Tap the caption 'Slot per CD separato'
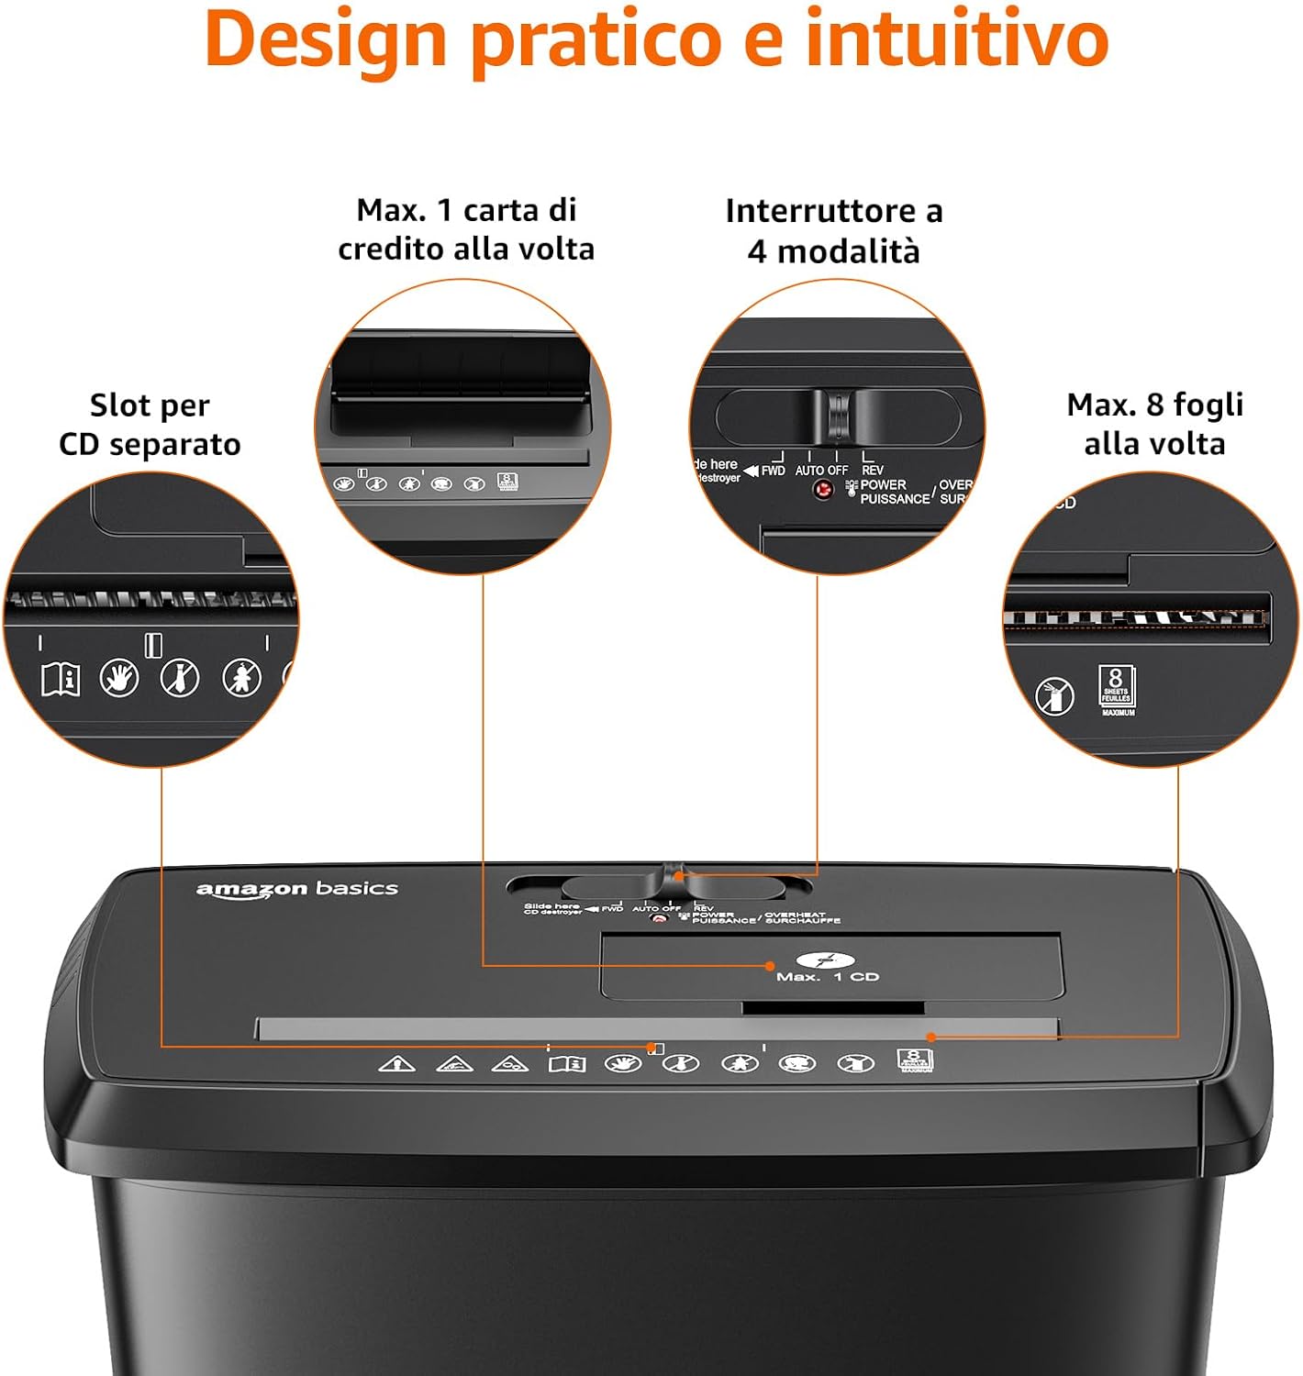pyautogui.click(x=150, y=424)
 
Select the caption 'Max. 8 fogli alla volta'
pyautogui.click(x=1154, y=424)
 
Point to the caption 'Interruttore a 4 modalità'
pyautogui.click(x=833, y=230)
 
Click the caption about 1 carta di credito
pyautogui.click(x=466, y=229)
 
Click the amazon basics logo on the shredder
pyautogui.click(x=296, y=889)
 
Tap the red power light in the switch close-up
pyautogui.click(x=823, y=490)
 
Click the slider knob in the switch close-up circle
pyautogui.click(x=838, y=416)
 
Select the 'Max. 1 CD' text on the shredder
pyautogui.click(x=827, y=976)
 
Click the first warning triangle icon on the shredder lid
pyautogui.click(x=396, y=1064)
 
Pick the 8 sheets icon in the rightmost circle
pyautogui.click(x=1117, y=690)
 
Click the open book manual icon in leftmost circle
pyautogui.click(x=61, y=679)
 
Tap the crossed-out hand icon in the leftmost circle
pyautogui.click(x=119, y=678)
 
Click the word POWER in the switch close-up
pyautogui.click(x=883, y=484)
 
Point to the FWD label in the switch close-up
pyautogui.click(x=773, y=471)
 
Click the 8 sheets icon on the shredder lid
pyautogui.click(x=914, y=1060)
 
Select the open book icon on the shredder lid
pyautogui.click(x=566, y=1064)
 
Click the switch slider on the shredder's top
pyautogui.click(x=673, y=881)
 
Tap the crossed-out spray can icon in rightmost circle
pyautogui.click(x=1055, y=696)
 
